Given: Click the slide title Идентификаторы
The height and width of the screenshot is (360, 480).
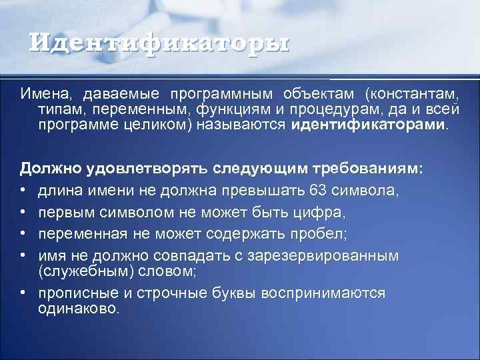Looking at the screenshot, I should click(x=160, y=45).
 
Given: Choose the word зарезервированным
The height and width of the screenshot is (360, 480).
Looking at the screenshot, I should click(x=342, y=255).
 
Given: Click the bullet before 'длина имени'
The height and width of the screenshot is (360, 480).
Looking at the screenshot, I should click(x=23, y=191).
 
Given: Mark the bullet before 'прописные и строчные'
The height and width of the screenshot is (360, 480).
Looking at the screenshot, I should click(x=23, y=293).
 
